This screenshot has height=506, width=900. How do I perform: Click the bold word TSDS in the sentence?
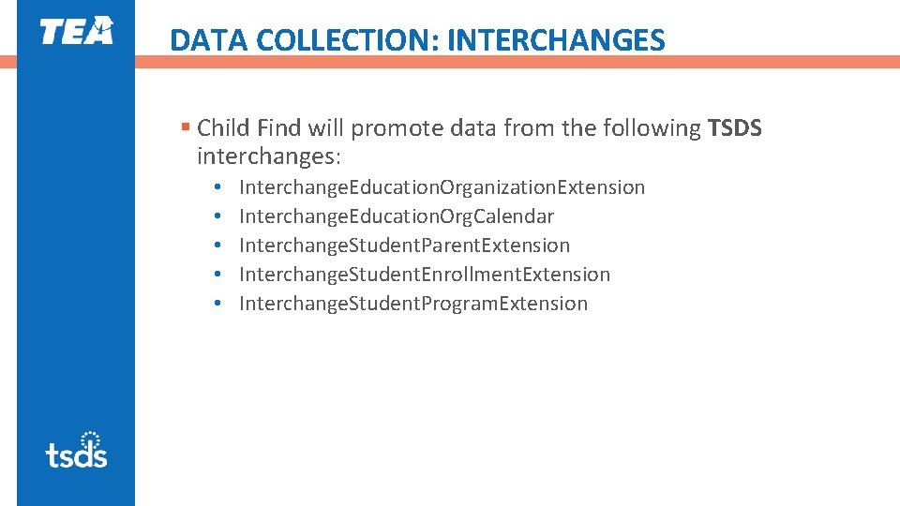[x=735, y=127]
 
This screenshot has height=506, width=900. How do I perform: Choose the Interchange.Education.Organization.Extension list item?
[x=442, y=187]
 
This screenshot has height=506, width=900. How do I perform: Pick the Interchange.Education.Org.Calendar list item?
[x=396, y=216]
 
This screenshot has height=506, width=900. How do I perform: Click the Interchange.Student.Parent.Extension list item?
[x=404, y=246]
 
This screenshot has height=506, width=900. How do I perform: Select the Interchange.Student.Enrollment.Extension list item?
[x=424, y=275]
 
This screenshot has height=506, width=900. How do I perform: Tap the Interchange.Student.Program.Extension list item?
[x=413, y=304]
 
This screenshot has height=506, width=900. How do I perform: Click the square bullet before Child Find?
[x=186, y=127]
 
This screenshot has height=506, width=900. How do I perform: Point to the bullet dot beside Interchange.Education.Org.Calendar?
[x=217, y=216]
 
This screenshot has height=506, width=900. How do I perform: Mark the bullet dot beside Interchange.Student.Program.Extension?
[x=217, y=304]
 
